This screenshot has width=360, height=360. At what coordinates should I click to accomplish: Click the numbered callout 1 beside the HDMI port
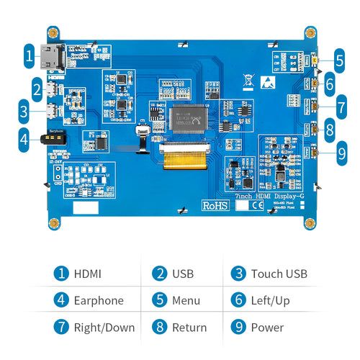pos(29,55)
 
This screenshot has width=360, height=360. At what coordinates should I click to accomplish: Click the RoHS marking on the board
pos(214,206)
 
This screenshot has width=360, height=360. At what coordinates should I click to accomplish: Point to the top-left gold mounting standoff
pos(53,33)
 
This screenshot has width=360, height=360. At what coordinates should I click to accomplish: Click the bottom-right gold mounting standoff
pos(310,224)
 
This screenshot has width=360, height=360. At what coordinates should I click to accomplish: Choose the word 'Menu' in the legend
pos(186,300)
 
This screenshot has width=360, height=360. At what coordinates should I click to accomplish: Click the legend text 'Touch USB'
pos(279,274)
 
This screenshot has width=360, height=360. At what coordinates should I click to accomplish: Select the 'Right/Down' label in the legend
pos(104,328)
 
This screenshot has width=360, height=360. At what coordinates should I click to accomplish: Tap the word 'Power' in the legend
pos(267,328)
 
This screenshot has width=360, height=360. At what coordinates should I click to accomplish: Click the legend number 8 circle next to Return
pos(160,328)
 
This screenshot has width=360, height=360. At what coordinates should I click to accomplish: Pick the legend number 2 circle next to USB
pos(160,274)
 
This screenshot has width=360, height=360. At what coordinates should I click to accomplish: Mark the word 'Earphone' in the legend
pos(99,300)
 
